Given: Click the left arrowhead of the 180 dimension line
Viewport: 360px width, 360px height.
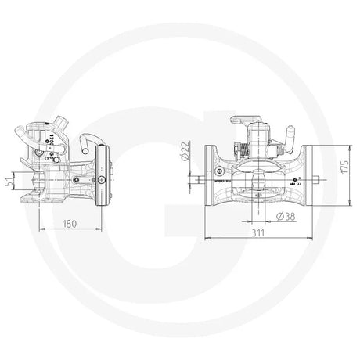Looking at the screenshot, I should (41, 228).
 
